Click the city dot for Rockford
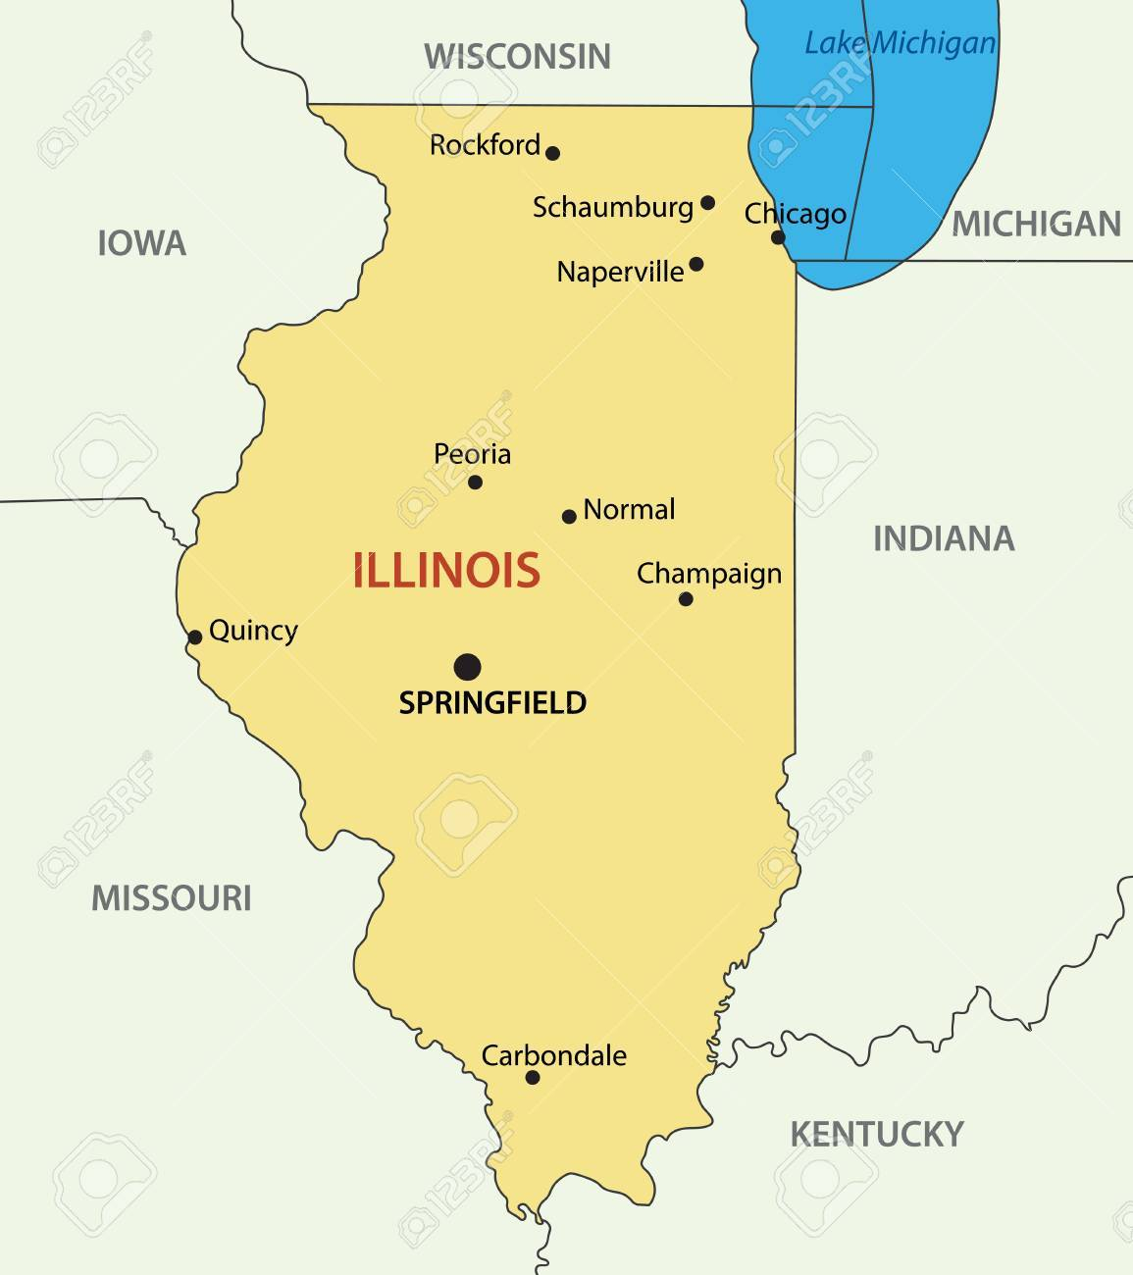click(x=552, y=153)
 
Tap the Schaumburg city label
click(x=613, y=207)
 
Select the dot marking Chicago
click(x=778, y=237)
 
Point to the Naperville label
click(x=620, y=272)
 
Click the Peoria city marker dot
click(x=475, y=482)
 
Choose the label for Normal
click(x=629, y=510)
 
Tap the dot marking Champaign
click(x=686, y=599)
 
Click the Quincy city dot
click(x=195, y=637)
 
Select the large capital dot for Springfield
click(x=468, y=668)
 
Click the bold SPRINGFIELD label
click(x=492, y=702)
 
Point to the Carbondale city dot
click(x=533, y=1077)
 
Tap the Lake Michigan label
click(x=900, y=43)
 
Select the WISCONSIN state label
click(x=517, y=56)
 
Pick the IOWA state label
click(x=141, y=243)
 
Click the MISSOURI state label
click(x=172, y=897)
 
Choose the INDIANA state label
click(x=944, y=538)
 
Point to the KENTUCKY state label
click(x=877, y=1134)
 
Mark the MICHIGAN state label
click(x=1036, y=225)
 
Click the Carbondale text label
click(x=554, y=1055)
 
